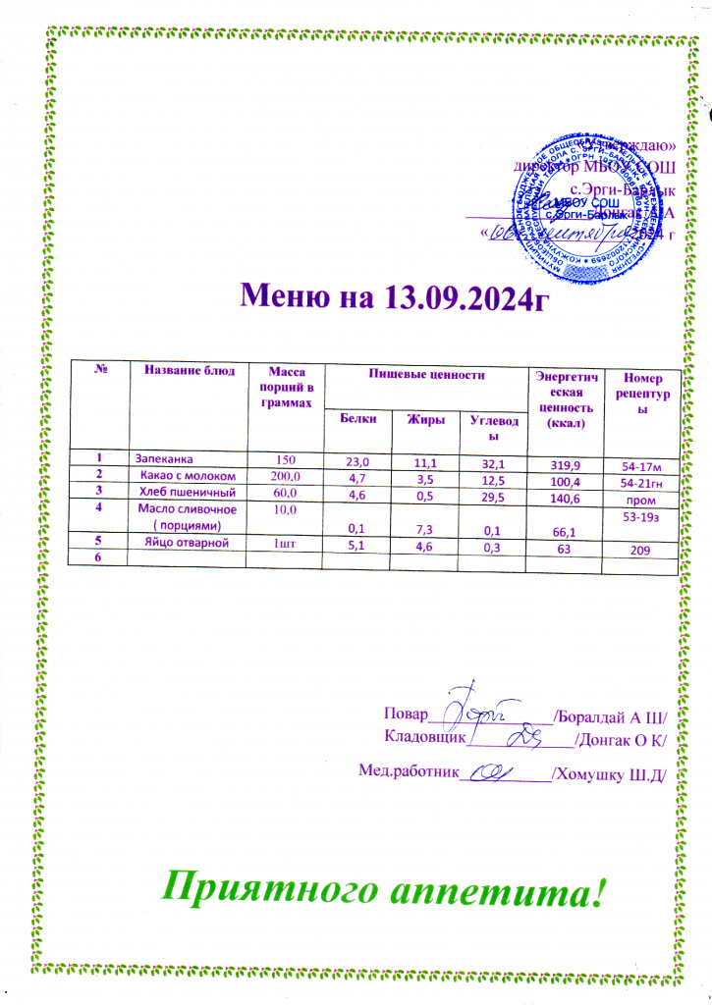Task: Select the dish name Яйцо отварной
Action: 189,541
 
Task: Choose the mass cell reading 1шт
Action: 286,542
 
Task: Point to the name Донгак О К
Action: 622,738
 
